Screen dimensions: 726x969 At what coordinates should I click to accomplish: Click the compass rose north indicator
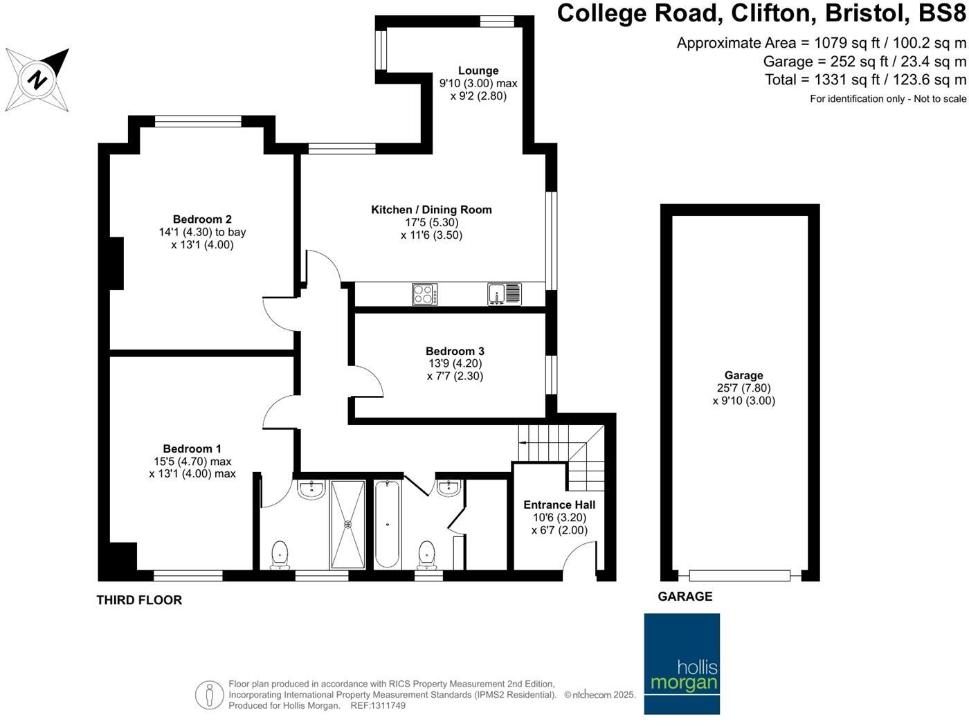click(x=38, y=80)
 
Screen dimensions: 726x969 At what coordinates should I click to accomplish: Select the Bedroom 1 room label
click(x=192, y=449)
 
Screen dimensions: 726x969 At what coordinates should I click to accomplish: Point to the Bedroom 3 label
click(x=455, y=352)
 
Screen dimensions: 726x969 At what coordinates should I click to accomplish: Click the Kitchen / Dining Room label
click(x=431, y=210)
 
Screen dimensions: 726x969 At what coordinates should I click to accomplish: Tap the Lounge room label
click(x=478, y=71)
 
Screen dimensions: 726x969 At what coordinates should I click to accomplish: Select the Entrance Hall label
click(x=559, y=505)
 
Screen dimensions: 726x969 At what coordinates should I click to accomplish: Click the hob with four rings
click(x=425, y=294)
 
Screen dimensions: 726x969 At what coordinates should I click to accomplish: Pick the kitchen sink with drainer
click(x=505, y=294)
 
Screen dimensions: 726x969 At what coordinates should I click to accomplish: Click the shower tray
click(x=347, y=525)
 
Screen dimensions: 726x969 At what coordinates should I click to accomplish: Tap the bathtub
click(x=388, y=525)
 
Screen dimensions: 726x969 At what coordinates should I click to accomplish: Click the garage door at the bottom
click(x=740, y=575)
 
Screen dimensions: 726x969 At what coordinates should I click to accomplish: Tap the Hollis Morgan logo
click(x=682, y=663)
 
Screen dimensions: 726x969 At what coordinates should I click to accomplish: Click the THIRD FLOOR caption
click(x=139, y=601)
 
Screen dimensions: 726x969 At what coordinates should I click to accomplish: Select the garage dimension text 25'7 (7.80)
click(x=744, y=388)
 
